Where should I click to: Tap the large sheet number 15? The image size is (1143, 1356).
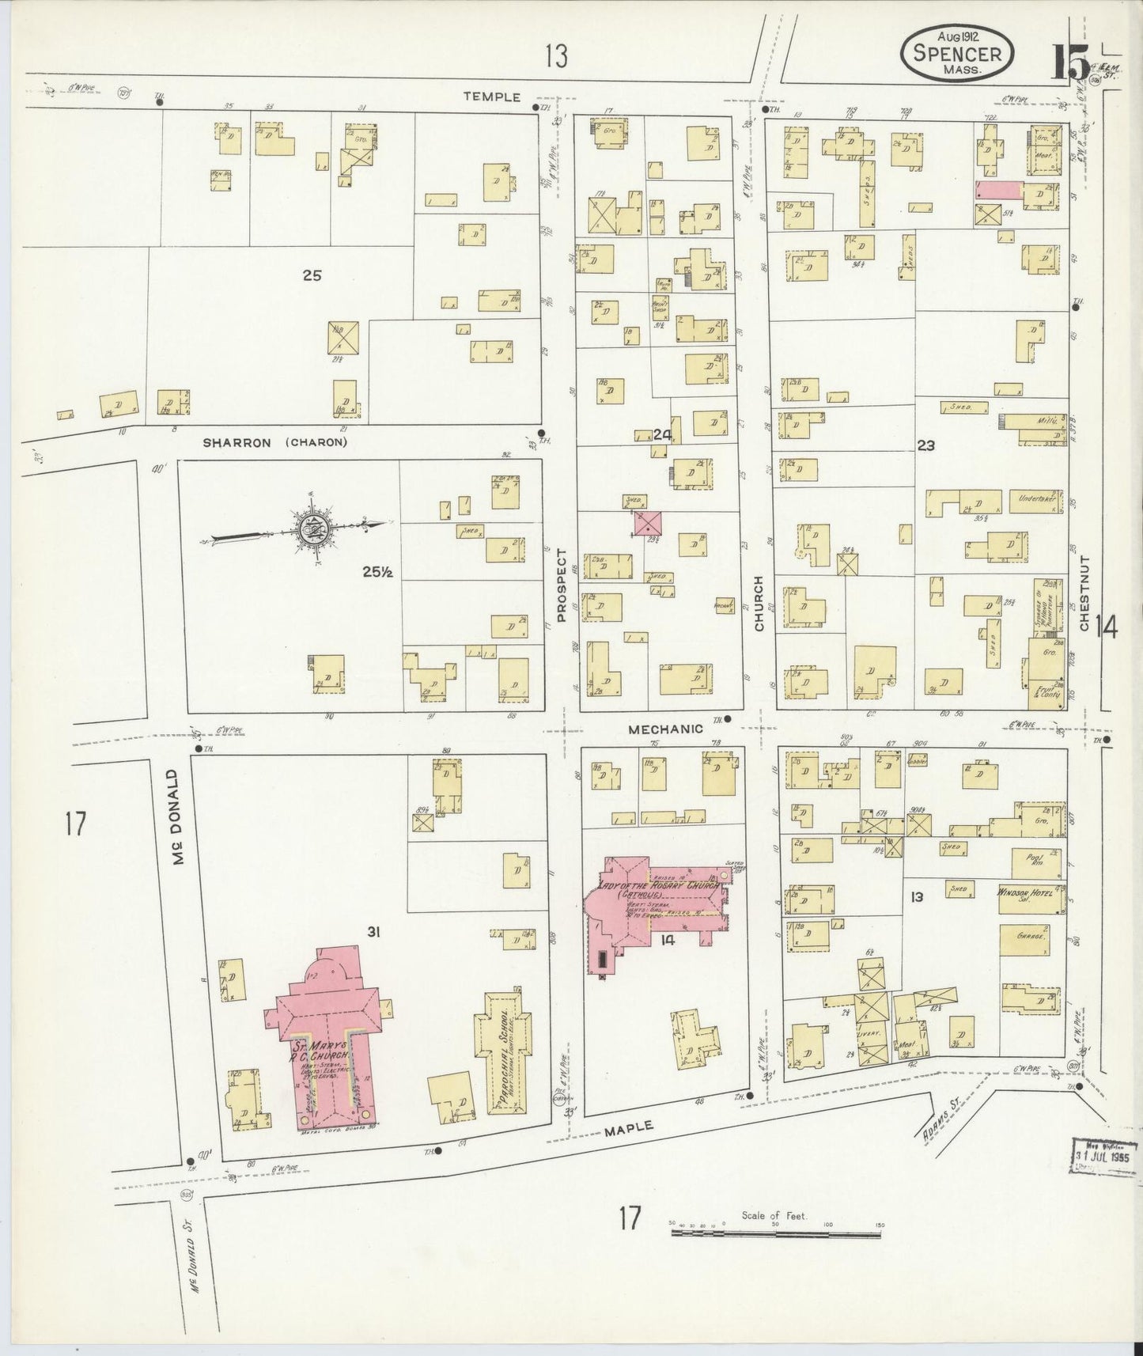(1069, 62)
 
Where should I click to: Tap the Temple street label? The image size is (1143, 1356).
(492, 97)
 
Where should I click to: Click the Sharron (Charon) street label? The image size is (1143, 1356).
(274, 442)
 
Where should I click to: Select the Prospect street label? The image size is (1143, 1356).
(562, 585)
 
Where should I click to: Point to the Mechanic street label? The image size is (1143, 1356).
(666, 729)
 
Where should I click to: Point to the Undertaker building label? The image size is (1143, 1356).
(1035, 499)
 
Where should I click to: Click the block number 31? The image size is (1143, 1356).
(373, 933)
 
